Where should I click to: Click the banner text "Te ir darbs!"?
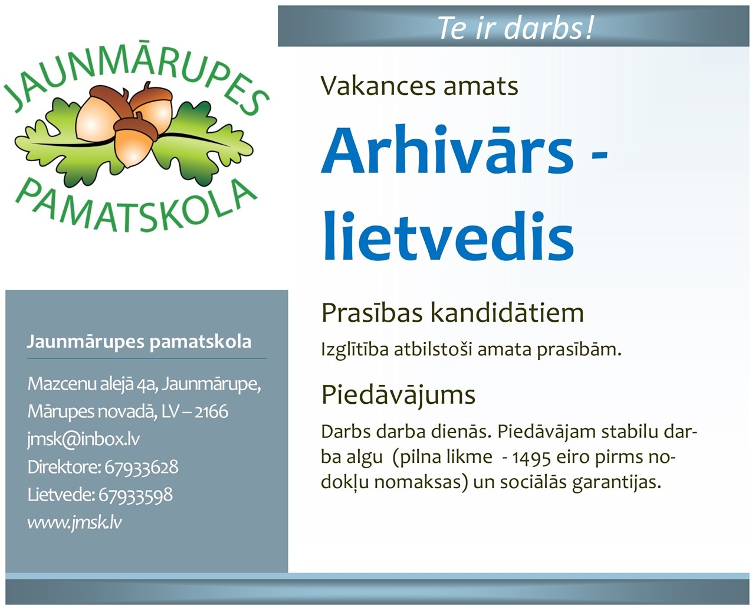(516, 28)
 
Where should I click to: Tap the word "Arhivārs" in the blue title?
(447, 148)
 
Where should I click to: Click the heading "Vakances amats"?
(419, 87)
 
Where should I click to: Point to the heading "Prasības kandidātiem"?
(452, 313)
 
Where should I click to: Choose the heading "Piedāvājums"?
(398, 396)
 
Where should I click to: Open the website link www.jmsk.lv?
(74, 522)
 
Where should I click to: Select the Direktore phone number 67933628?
(142, 468)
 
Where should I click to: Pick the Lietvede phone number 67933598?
(136, 495)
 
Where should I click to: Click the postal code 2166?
(212, 412)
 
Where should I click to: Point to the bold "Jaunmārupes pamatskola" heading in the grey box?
(139, 342)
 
